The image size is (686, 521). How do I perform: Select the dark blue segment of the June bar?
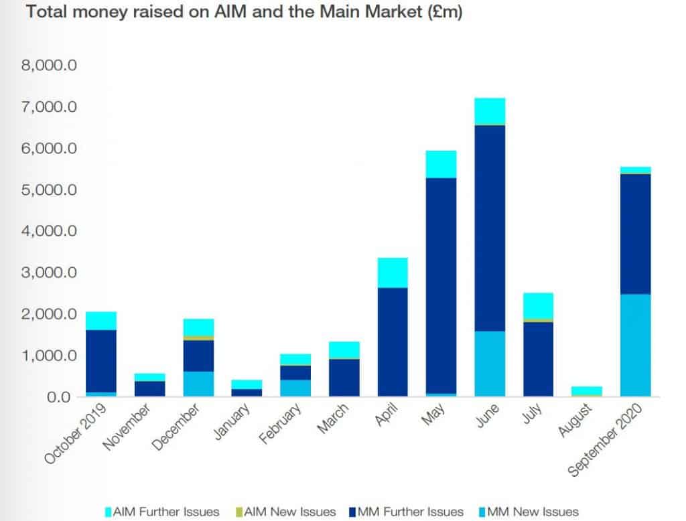490,228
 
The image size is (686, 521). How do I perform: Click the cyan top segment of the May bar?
441,164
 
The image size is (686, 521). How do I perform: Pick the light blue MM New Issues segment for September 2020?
635,345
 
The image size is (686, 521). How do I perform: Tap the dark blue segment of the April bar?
393,342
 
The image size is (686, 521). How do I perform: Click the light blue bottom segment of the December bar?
198,384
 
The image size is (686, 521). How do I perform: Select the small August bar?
587,390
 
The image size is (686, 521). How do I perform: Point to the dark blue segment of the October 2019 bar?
101,361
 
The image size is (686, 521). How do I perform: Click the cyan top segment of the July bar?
538,305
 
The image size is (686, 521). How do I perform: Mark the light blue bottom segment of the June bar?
490,364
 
